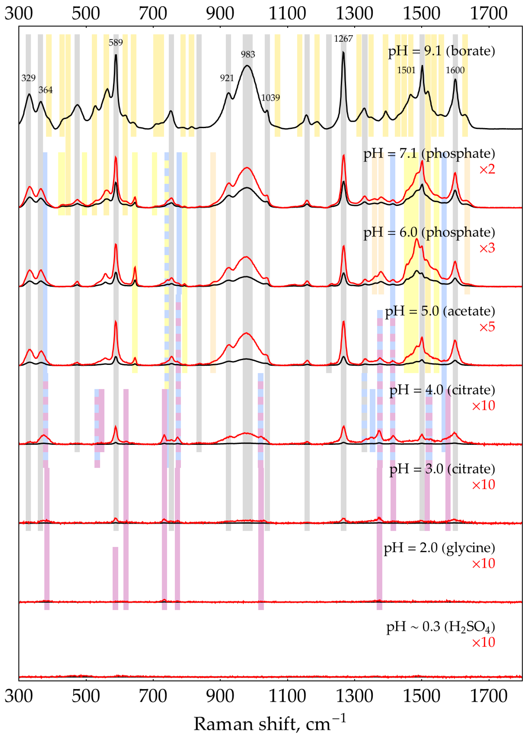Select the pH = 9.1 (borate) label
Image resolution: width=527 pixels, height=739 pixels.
pyautogui.click(x=441, y=51)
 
